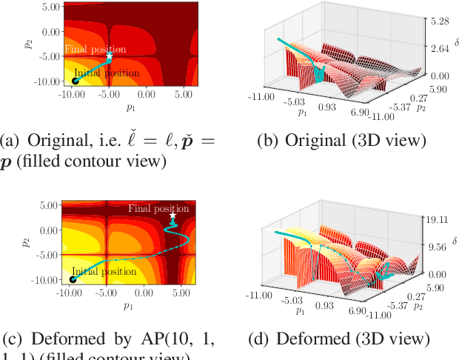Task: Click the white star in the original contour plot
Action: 110,56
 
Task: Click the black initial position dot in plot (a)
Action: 75,80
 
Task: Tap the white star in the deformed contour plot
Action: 172,216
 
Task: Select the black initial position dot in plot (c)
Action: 73,279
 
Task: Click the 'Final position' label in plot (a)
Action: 95,49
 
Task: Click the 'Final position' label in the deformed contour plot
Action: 158,208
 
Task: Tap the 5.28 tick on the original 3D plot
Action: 441,21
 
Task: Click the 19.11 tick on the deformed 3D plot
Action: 441,220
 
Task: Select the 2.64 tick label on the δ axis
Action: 441,49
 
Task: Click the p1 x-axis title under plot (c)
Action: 128,304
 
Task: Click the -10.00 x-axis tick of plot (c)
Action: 71,293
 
